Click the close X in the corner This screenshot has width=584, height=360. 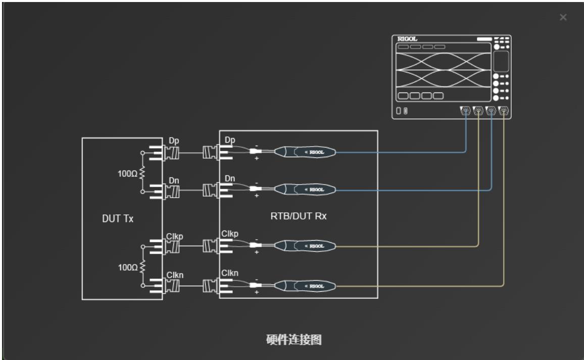(563, 17)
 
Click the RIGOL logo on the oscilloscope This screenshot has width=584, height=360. (407, 39)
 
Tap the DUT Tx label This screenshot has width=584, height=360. (118, 218)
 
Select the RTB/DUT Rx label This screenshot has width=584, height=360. (299, 216)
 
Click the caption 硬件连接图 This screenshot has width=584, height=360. (294, 339)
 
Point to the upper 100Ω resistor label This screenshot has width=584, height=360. (127, 173)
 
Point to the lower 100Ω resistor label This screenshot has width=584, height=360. (128, 267)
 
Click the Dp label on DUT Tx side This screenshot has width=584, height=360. (174, 141)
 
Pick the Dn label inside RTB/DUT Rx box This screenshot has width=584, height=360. (230, 178)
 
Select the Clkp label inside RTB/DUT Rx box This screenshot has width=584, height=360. (230, 234)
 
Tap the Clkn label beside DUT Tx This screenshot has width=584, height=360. (175, 275)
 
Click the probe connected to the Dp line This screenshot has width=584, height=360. (305, 152)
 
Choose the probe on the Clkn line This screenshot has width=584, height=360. (305, 286)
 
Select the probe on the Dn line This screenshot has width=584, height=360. (305, 190)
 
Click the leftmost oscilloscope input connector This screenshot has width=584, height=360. (466, 110)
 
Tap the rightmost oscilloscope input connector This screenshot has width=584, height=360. (504, 110)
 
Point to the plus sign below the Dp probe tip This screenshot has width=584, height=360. (257, 158)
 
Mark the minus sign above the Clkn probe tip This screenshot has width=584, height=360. (257, 280)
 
